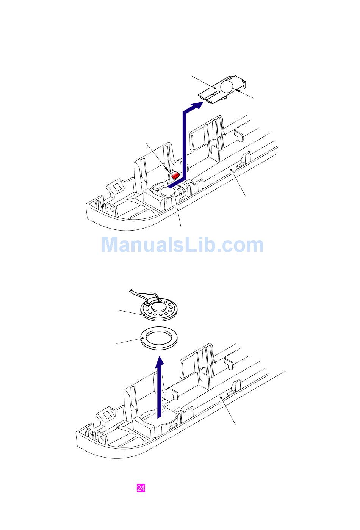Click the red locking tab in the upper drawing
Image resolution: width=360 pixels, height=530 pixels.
[x=175, y=176]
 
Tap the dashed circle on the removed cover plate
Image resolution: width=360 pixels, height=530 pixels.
[x=227, y=86]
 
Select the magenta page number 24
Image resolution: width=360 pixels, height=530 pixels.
[x=141, y=488]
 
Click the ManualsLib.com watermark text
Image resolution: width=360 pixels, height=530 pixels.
[x=182, y=245]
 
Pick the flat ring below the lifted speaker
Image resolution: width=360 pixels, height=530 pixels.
[x=156, y=337]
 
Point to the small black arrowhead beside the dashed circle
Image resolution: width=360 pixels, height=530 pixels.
[x=237, y=90]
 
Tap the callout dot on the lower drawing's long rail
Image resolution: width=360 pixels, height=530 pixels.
[x=221, y=398]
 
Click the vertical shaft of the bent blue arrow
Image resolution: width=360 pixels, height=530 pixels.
[x=185, y=144]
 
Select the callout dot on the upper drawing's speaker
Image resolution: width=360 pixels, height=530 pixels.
[x=174, y=193]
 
